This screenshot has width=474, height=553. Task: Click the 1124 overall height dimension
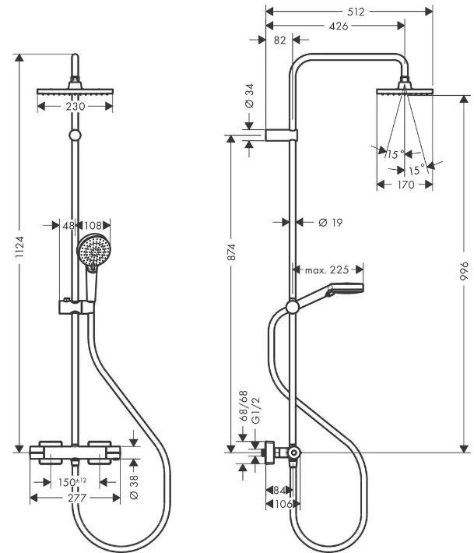tap(19, 247)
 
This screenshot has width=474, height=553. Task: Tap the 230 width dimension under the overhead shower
tap(75, 106)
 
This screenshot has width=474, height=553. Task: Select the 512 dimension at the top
tap(356, 12)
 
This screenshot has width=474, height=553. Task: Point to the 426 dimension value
tap(339, 26)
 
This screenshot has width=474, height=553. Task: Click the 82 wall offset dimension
tap(279, 41)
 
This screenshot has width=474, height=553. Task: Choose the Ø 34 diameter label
tap(249, 96)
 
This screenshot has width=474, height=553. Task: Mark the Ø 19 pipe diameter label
tap(331, 222)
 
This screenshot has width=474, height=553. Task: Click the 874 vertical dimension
tap(231, 252)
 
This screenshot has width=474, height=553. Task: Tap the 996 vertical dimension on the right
tap(464, 271)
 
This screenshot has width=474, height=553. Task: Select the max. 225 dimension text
tap(327, 270)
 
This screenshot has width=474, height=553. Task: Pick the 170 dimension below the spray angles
tap(406, 185)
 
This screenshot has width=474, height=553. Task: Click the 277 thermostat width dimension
tap(77, 498)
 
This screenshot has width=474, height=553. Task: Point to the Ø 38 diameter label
tap(135, 487)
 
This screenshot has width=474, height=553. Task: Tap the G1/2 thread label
tap(256, 410)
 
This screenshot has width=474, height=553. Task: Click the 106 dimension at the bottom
tap(283, 504)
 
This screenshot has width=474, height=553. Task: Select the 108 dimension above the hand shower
tap(93, 225)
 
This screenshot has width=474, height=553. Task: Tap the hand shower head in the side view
tap(346, 289)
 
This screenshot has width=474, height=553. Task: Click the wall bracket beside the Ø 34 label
tap(281, 135)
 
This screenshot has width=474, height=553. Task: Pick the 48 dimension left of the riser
tap(68, 225)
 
